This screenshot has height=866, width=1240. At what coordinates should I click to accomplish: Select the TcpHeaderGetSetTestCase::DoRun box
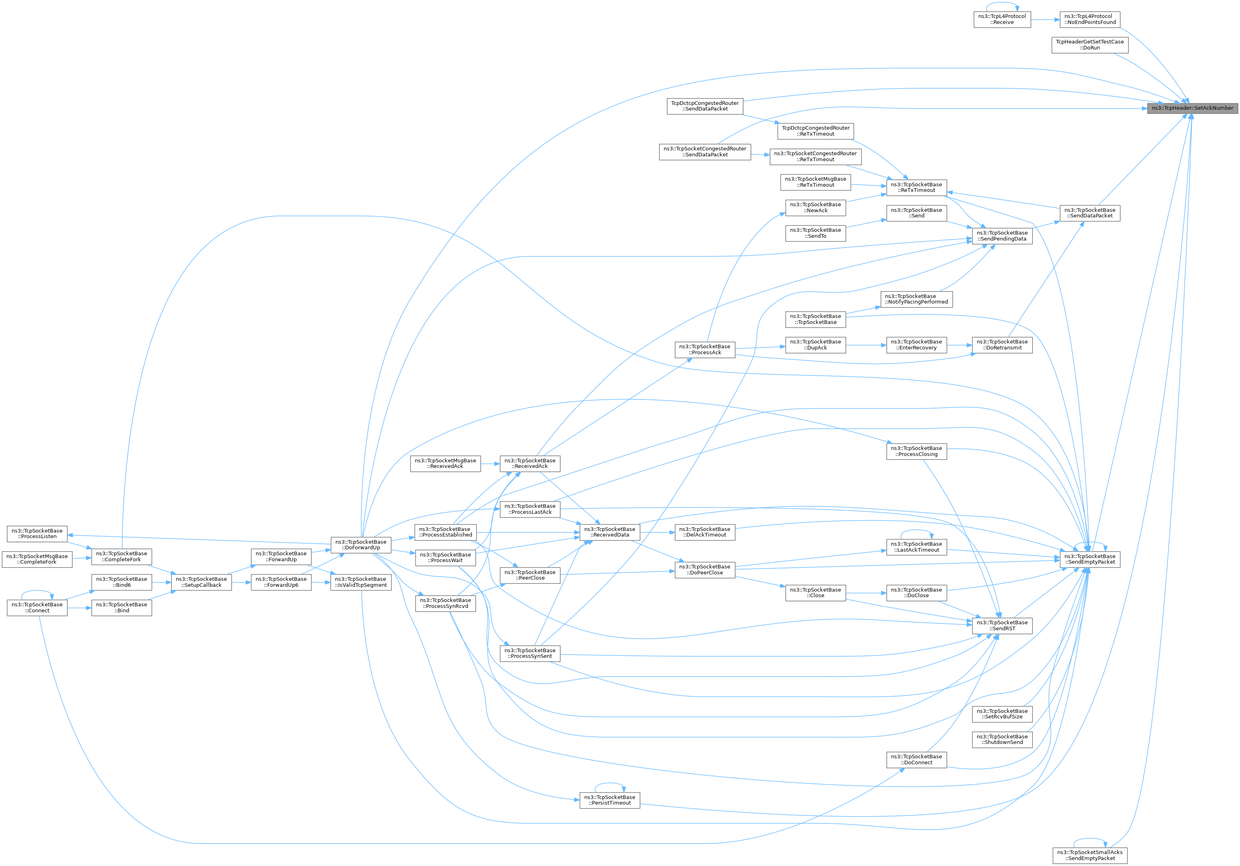coord(1090,45)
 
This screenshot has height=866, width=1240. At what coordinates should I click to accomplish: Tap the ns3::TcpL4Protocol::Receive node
coord(1002,20)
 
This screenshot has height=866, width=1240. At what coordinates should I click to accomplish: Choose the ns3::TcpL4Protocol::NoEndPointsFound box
coord(1090,20)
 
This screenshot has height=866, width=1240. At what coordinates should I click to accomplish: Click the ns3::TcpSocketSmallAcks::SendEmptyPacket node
coord(1090,855)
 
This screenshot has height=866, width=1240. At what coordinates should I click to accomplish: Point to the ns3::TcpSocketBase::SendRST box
coord(1002,625)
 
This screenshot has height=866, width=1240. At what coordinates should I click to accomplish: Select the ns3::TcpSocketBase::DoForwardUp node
coord(361,544)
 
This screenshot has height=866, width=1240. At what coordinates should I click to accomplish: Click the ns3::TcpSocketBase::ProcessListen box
coord(37,534)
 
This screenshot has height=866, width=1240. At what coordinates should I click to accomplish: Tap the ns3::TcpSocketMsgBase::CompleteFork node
coord(37,559)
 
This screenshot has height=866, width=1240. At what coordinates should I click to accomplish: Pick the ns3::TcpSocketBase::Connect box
coord(37,608)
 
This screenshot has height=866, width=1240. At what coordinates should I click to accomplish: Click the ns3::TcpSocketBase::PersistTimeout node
coord(610,800)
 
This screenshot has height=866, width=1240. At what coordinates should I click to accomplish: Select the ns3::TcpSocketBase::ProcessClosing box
coord(917,451)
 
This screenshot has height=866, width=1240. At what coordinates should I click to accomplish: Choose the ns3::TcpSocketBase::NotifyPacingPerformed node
coord(917,299)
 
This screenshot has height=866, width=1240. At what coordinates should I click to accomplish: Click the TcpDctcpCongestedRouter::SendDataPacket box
coord(705,106)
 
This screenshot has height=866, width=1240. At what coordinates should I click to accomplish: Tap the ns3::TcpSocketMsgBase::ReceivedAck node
coord(446,464)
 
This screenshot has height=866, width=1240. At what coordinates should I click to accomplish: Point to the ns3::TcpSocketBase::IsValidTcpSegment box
coord(361,582)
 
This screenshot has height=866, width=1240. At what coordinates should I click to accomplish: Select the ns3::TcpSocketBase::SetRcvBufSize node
coord(1002,714)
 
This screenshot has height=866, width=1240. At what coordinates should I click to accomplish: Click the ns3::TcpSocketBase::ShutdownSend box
coord(1002,740)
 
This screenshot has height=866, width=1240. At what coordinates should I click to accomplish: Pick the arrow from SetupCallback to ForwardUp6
coord(241,582)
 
